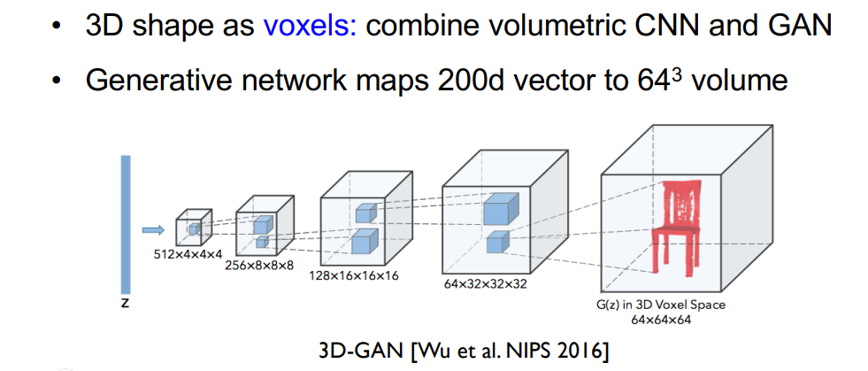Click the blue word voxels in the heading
308,25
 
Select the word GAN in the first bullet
801,25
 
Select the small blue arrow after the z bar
153,229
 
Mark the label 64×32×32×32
487,285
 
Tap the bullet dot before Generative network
58,82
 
